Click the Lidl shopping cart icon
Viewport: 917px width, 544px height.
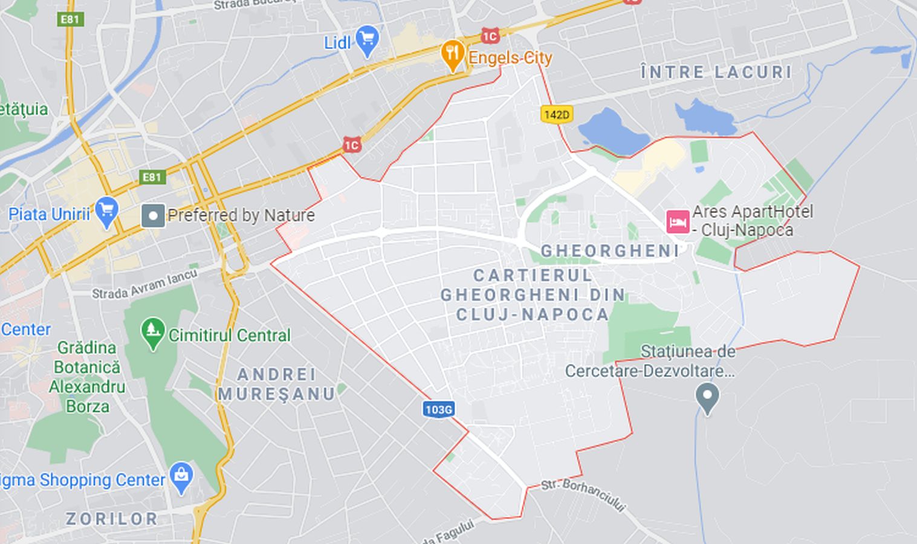tap(367, 40)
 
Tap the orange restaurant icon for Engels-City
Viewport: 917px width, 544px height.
tap(452, 55)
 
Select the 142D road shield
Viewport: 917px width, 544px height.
tap(556, 114)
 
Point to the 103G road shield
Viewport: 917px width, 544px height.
tap(438, 409)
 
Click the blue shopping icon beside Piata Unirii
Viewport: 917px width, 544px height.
tap(107, 212)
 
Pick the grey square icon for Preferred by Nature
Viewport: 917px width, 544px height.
tap(153, 215)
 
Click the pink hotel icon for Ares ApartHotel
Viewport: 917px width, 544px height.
tap(678, 221)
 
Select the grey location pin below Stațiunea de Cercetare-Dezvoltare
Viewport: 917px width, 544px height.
tap(707, 398)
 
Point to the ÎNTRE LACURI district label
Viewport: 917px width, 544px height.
tap(716, 73)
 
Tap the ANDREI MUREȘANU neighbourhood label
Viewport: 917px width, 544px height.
tap(276, 384)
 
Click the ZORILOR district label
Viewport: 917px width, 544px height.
tap(112, 519)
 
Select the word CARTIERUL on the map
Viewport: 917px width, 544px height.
tap(533, 276)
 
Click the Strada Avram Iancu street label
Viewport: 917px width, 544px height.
tap(144, 284)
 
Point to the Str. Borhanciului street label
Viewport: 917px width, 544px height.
tap(583, 494)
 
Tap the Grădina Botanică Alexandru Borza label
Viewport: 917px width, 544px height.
tap(87, 377)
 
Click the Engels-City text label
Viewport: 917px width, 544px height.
tap(510, 58)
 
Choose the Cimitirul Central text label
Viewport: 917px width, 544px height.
tap(229, 335)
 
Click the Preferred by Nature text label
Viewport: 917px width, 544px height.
tap(241, 215)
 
